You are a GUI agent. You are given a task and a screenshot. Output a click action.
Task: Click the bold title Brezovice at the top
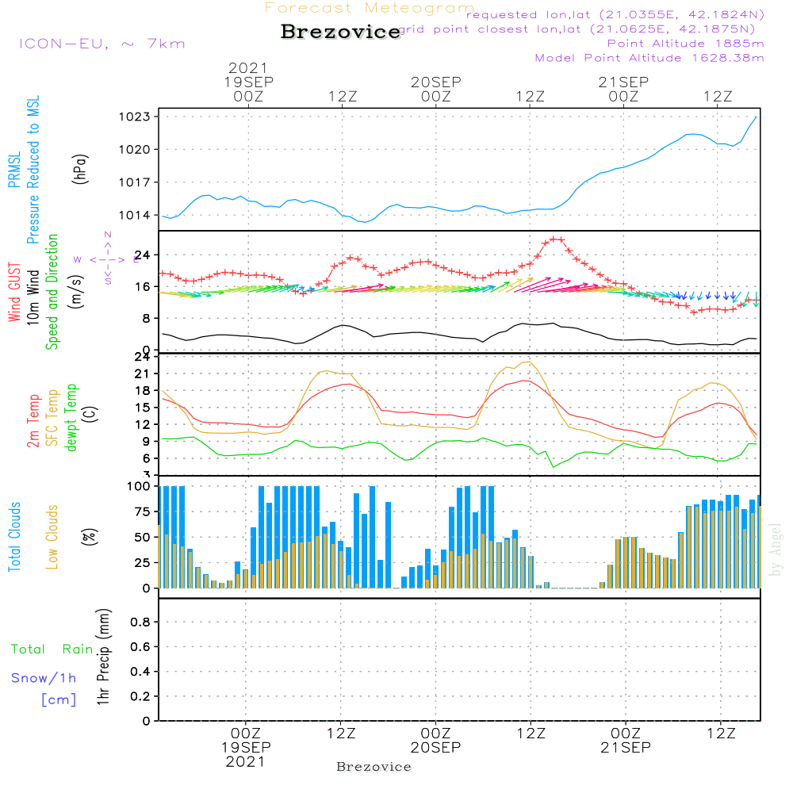point(340,33)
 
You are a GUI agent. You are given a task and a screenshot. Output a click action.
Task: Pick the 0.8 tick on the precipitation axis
point(140,623)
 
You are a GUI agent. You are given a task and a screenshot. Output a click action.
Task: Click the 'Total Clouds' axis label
point(15,537)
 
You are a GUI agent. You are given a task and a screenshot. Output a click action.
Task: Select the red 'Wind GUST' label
point(15,290)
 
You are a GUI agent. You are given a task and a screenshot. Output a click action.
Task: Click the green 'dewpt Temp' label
point(71,418)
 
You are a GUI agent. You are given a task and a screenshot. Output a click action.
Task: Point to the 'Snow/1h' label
point(44,678)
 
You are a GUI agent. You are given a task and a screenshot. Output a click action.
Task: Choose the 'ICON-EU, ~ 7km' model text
point(102,44)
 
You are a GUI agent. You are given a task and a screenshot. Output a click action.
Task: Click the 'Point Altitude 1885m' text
point(685,44)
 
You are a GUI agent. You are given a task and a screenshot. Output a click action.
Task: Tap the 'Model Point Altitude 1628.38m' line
point(649,58)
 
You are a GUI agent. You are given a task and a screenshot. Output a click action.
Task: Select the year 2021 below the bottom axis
point(245,762)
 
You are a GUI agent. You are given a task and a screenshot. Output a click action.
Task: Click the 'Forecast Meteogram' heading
point(370,9)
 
